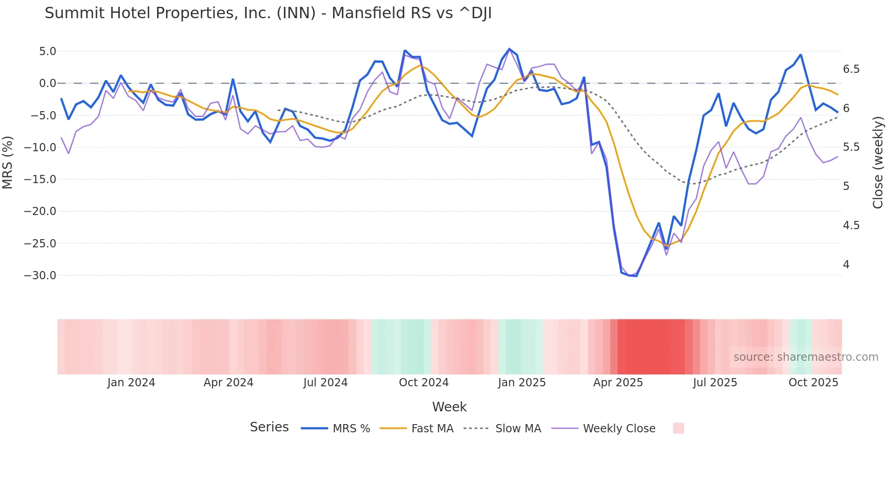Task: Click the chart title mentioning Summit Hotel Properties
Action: tap(268, 13)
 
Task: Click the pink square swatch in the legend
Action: tap(678, 428)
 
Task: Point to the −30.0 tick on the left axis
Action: tap(40, 276)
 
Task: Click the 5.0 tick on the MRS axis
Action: tap(47, 51)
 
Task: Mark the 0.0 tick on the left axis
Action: tap(47, 83)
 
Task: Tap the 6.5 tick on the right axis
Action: tap(851, 69)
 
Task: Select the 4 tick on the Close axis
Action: tap(846, 265)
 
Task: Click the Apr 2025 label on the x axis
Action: tap(618, 383)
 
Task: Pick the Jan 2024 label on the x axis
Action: tap(131, 383)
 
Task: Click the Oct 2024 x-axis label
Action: tap(423, 383)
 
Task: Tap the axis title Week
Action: tap(449, 407)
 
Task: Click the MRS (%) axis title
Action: tap(8, 162)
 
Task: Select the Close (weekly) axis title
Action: tap(878, 162)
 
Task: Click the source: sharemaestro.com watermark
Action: tap(806, 357)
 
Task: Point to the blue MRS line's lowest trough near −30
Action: tap(636, 276)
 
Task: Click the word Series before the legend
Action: tap(269, 427)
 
